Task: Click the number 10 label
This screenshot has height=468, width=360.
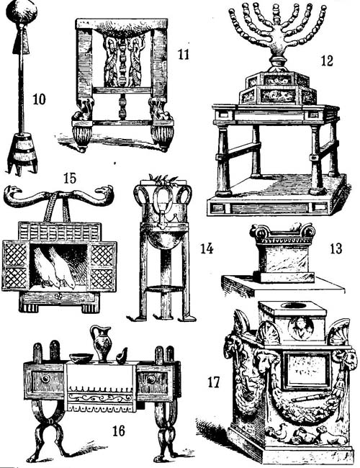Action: coord(39,99)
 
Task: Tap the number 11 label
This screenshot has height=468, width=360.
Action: coord(184,54)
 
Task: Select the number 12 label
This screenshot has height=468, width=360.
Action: coord(327,60)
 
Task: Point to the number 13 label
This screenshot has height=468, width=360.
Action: coord(336,248)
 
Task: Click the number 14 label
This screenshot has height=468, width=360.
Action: coord(207,248)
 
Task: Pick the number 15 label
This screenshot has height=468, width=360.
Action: coord(70,178)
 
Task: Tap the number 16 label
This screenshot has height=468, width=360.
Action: coord(118,431)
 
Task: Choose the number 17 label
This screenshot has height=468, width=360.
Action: coord(214,382)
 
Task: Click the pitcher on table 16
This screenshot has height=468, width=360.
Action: coord(102,344)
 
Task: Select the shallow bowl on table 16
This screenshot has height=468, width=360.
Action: coord(81,358)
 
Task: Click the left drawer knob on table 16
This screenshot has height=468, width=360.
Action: coord(45,379)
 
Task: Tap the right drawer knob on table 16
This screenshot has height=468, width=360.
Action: coord(151,379)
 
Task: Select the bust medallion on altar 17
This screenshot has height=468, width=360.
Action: coord(300,328)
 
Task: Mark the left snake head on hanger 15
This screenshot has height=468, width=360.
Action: coord(12,190)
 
